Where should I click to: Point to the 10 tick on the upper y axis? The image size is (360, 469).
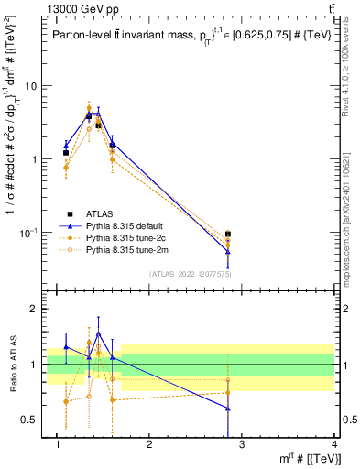(x=30, y=86)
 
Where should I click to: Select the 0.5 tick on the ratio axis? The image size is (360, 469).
(x=29, y=420)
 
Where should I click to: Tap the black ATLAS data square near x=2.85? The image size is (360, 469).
(x=228, y=234)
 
